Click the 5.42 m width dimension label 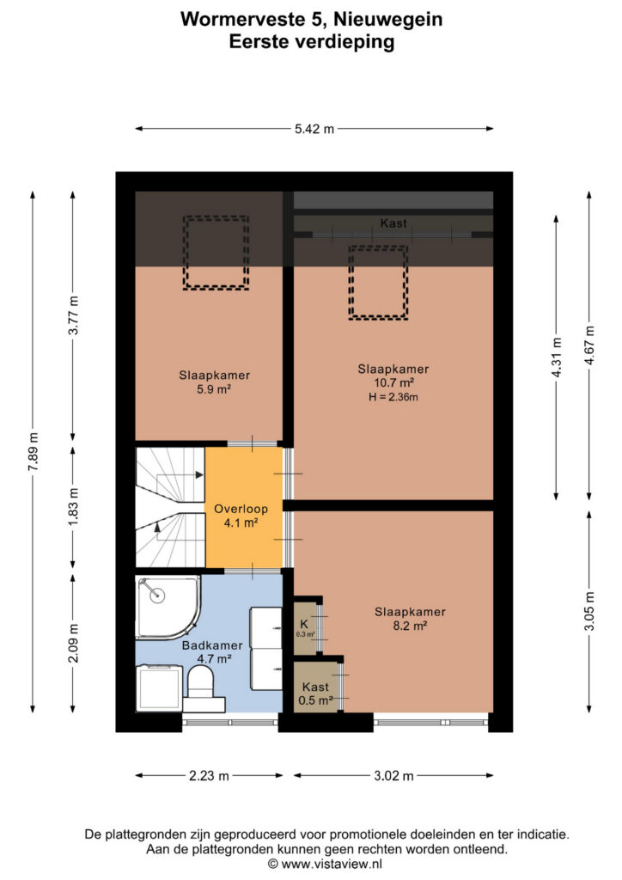click(x=314, y=129)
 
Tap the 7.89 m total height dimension click(x=34, y=452)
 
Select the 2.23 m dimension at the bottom click(x=209, y=776)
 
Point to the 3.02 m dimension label click(x=393, y=776)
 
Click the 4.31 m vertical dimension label click(x=557, y=357)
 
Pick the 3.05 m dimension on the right click(x=589, y=611)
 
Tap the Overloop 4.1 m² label click(x=241, y=516)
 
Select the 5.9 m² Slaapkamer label click(x=214, y=382)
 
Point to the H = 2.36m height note click(x=393, y=397)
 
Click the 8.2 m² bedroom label click(x=410, y=619)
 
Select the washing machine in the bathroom click(x=159, y=688)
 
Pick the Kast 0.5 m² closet click(x=316, y=687)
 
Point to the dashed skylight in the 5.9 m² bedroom click(x=216, y=254)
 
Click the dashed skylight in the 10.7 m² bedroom click(x=378, y=283)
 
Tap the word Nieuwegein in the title click(x=388, y=20)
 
